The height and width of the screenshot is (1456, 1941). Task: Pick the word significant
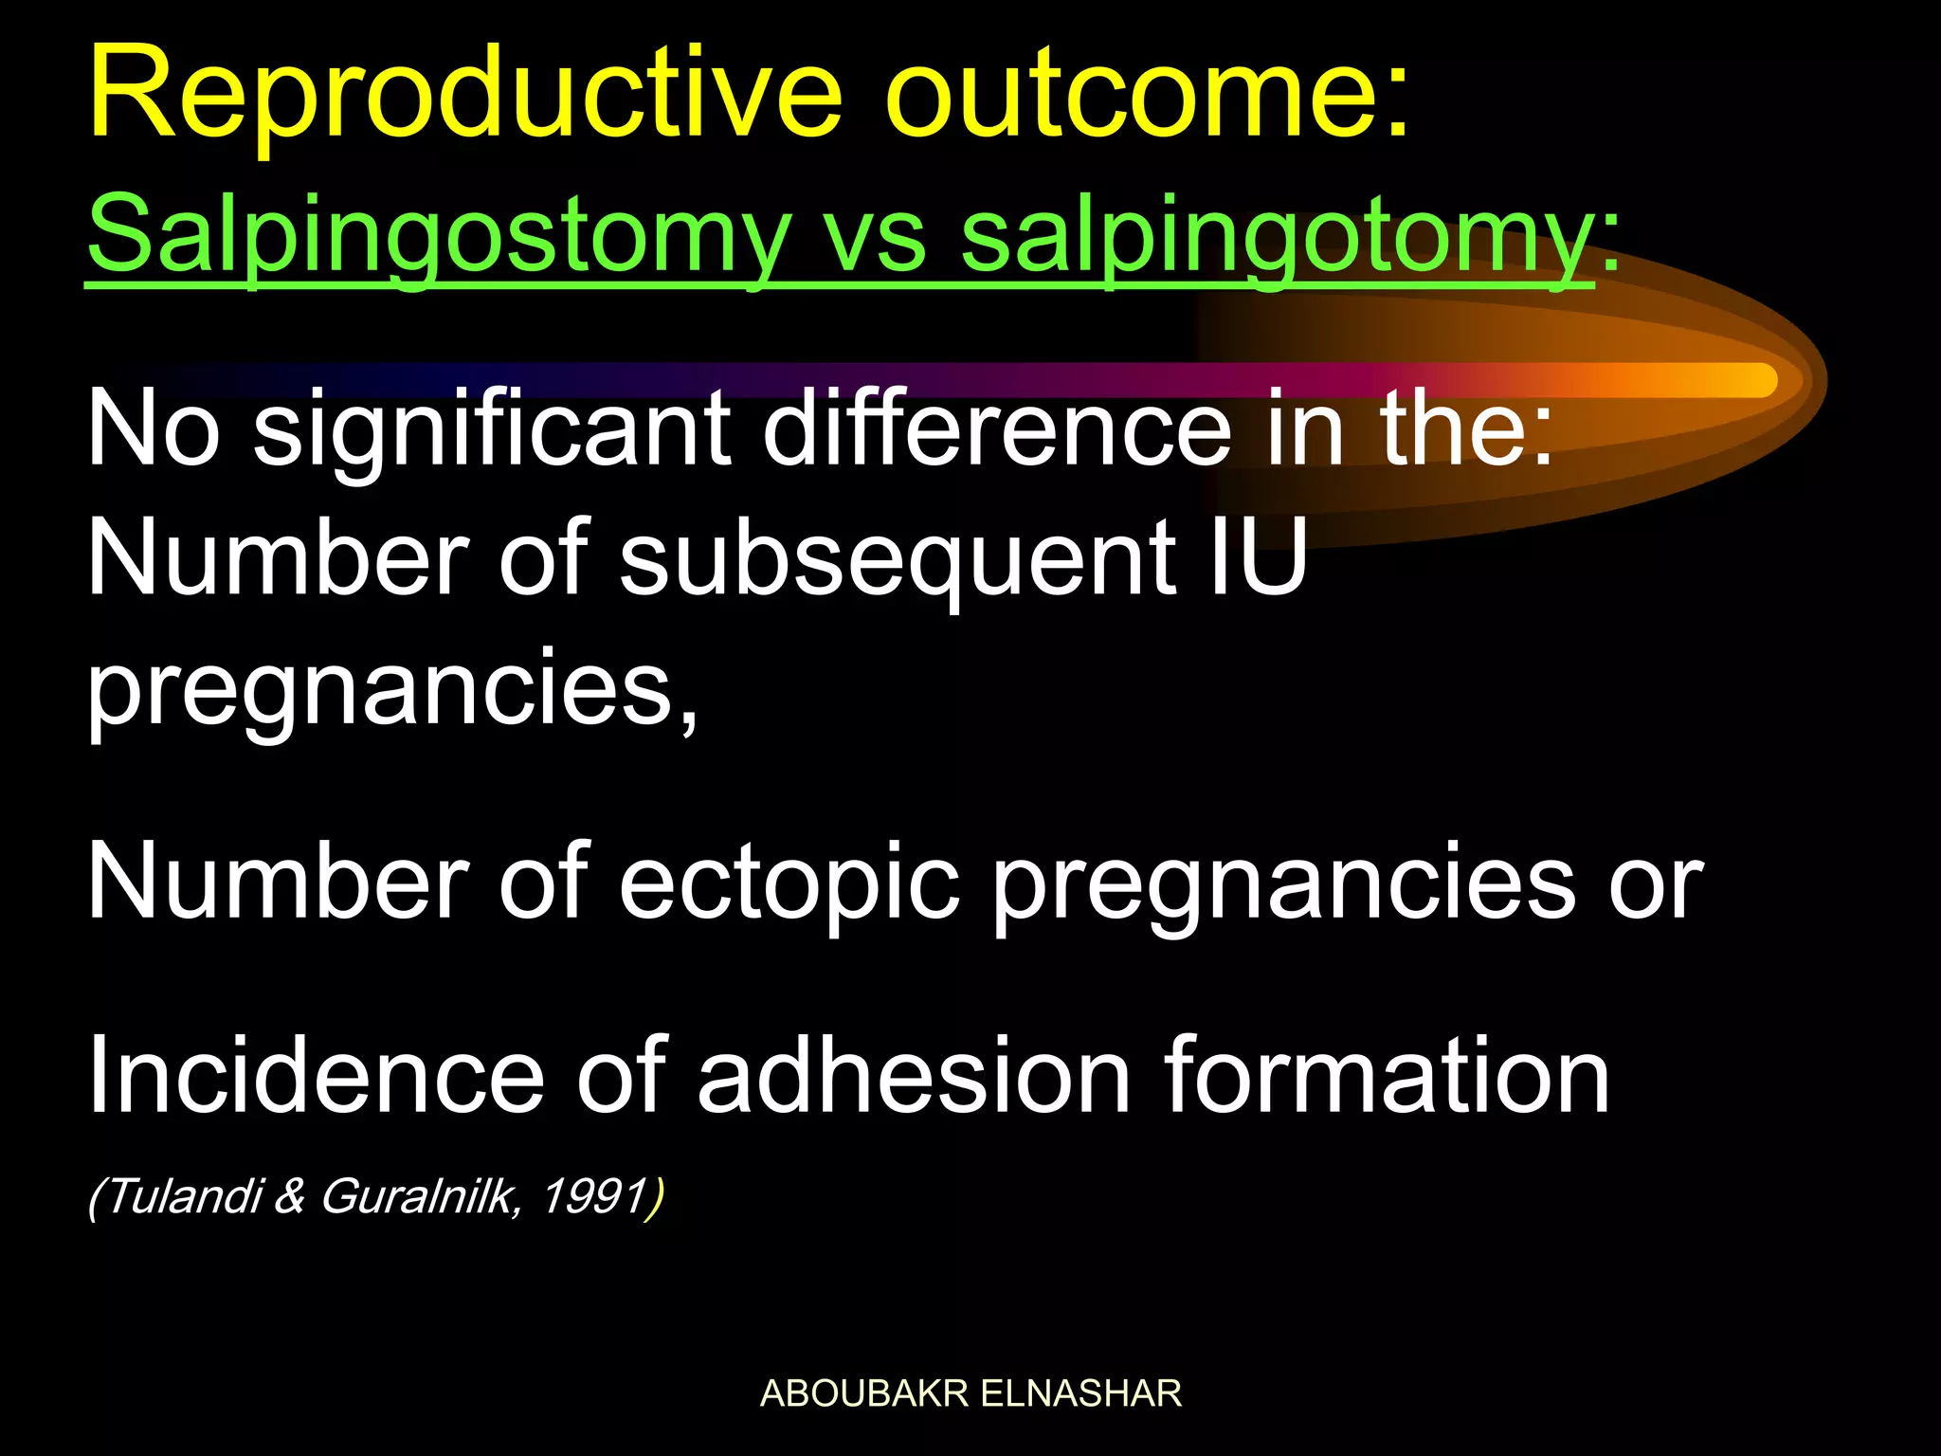pos(492,431)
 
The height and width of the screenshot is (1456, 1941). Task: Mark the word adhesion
pos(915,1076)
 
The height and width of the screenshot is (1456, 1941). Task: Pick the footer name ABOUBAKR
pos(863,1393)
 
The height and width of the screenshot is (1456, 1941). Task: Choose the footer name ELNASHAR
pos(1080,1393)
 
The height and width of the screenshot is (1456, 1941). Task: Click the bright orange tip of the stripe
pos(1744,380)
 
